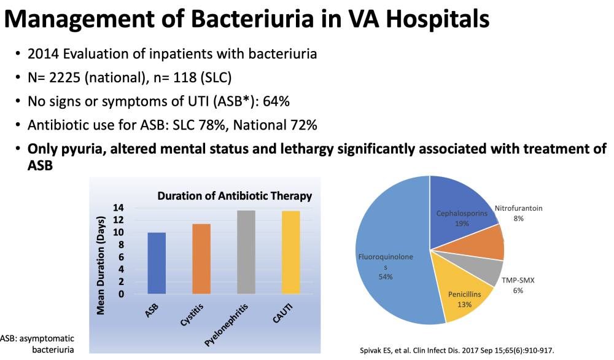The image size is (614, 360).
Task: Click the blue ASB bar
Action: pos(157,264)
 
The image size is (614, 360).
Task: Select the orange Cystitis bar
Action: pos(201,259)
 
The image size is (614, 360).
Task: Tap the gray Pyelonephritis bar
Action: pos(246,252)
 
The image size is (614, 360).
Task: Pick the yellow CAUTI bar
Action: pos(291,252)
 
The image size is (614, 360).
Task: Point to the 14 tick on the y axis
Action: pos(119,208)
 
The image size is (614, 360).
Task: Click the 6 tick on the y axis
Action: pos(121,257)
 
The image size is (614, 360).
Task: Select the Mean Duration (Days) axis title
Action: pos(101,265)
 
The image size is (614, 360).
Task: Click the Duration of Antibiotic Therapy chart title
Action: pos(235,196)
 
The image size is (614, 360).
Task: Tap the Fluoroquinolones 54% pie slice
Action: pos(392,251)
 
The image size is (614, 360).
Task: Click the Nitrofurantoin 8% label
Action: pos(518,214)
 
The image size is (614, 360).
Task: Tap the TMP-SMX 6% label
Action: pos(518,285)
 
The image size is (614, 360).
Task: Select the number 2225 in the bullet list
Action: pos(65,77)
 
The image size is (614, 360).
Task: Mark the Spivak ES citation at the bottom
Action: pos(457,350)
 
